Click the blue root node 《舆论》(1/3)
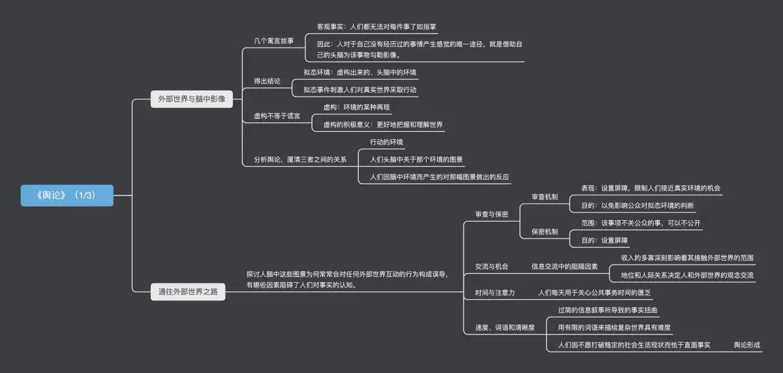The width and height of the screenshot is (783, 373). coord(67,195)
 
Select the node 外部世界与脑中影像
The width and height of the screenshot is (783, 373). coord(192,99)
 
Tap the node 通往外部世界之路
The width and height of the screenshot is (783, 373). coord(188,292)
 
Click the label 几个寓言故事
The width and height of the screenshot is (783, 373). coord(274,41)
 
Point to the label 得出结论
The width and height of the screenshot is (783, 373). coord(267,81)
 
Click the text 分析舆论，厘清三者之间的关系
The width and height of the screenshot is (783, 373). coord(300,159)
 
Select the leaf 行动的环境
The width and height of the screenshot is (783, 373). coord(386,142)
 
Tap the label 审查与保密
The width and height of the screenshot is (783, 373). coord(491,214)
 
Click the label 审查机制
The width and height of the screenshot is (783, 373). coord(545,197)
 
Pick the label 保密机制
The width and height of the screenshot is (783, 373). coord(545,231)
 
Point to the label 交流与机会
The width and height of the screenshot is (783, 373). coord(491,267)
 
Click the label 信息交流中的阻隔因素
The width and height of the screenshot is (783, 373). coord(564,267)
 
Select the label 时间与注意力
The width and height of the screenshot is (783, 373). coord(495,293)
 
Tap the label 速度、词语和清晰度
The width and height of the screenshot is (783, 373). coord(505,327)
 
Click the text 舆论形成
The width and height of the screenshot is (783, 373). coord(747,344)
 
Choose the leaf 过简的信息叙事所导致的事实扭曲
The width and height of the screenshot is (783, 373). coord(608,310)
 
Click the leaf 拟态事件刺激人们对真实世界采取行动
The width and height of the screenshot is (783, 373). coord(360,89)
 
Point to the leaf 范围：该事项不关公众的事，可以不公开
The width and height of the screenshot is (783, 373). coord(641,223)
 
